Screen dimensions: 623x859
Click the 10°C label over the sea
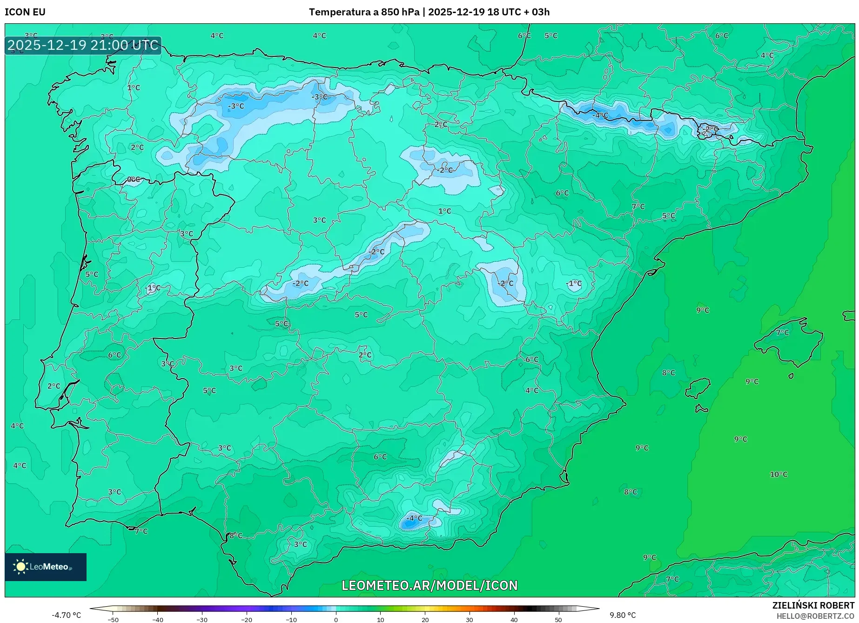coord(778,474)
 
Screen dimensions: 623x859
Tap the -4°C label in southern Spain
coord(414,518)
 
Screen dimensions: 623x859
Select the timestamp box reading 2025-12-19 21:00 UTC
coord(83,45)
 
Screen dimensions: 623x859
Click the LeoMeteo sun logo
coord(20,566)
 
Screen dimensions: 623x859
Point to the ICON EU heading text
coord(25,12)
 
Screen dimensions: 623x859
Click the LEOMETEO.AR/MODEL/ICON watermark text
coord(429,585)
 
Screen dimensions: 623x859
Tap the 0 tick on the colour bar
coord(336,619)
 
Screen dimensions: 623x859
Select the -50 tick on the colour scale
coord(113,619)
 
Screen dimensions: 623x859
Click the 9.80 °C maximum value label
coord(623,615)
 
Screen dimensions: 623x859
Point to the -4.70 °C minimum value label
coord(66,615)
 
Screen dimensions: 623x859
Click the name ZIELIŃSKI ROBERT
coord(813,606)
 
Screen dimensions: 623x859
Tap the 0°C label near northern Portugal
coord(133,179)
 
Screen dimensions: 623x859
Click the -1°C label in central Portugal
coord(153,288)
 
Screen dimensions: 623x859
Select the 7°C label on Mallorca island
coord(782,332)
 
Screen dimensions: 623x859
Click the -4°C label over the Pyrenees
coord(600,115)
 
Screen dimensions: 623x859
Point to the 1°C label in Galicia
coord(134,88)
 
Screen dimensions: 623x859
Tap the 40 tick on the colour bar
coord(514,619)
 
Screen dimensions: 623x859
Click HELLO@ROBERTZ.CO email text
coord(815,616)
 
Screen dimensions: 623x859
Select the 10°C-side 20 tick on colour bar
coord(425,619)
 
